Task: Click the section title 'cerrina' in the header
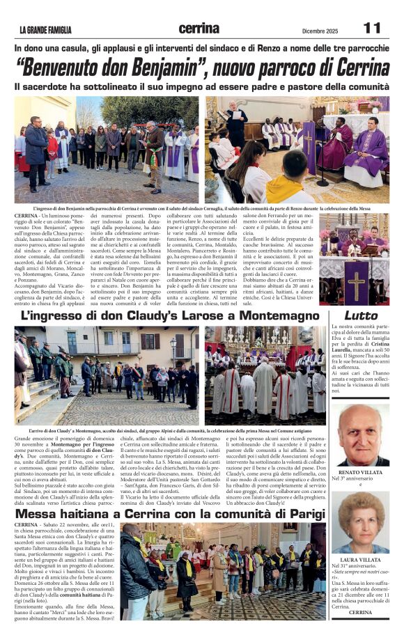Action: coord(201,29)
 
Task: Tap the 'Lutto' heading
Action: coord(361,315)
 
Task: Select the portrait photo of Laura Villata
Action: coord(360,523)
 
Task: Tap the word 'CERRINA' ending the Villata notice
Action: coord(361,612)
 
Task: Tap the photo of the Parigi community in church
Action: coord(222,570)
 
